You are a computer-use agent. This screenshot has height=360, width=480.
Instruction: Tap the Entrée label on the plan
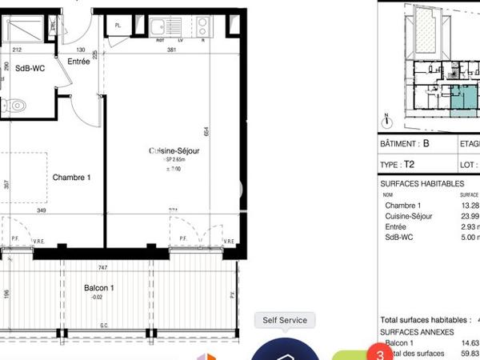tap(78, 61)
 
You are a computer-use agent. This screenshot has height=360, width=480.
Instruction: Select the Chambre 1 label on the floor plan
tap(71, 177)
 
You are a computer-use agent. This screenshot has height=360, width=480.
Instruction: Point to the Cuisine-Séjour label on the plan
tap(174, 150)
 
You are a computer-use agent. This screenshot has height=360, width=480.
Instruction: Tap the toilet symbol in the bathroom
tap(16, 104)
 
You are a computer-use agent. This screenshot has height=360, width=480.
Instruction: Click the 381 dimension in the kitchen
tap(171, 50)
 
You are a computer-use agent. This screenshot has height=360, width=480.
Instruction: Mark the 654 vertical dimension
tap(206, 131)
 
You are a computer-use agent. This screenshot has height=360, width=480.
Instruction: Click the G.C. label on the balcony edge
tap(103, 326)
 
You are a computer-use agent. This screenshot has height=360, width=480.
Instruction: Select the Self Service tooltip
tap(285, 320)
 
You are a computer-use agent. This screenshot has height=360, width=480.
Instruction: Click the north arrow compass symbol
tap(386, 122)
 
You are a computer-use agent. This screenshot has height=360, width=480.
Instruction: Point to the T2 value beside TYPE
tap(409, 164)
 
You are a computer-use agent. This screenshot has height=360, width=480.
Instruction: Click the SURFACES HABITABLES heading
tap(421, 183)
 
